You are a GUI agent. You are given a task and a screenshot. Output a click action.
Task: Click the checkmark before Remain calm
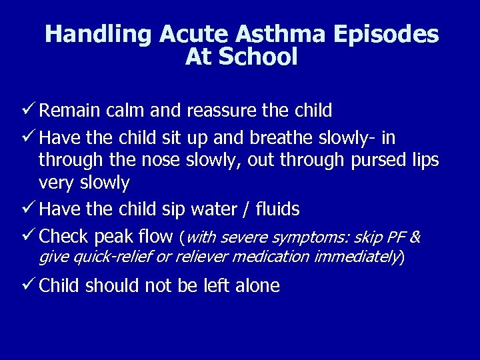[x=29, y=110]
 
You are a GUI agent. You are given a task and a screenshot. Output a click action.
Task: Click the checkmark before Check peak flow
[x=29, y=236]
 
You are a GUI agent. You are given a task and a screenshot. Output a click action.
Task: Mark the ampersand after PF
[x=415, y=237]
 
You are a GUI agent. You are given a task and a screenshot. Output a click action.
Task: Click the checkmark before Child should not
[x=29, y=286]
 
